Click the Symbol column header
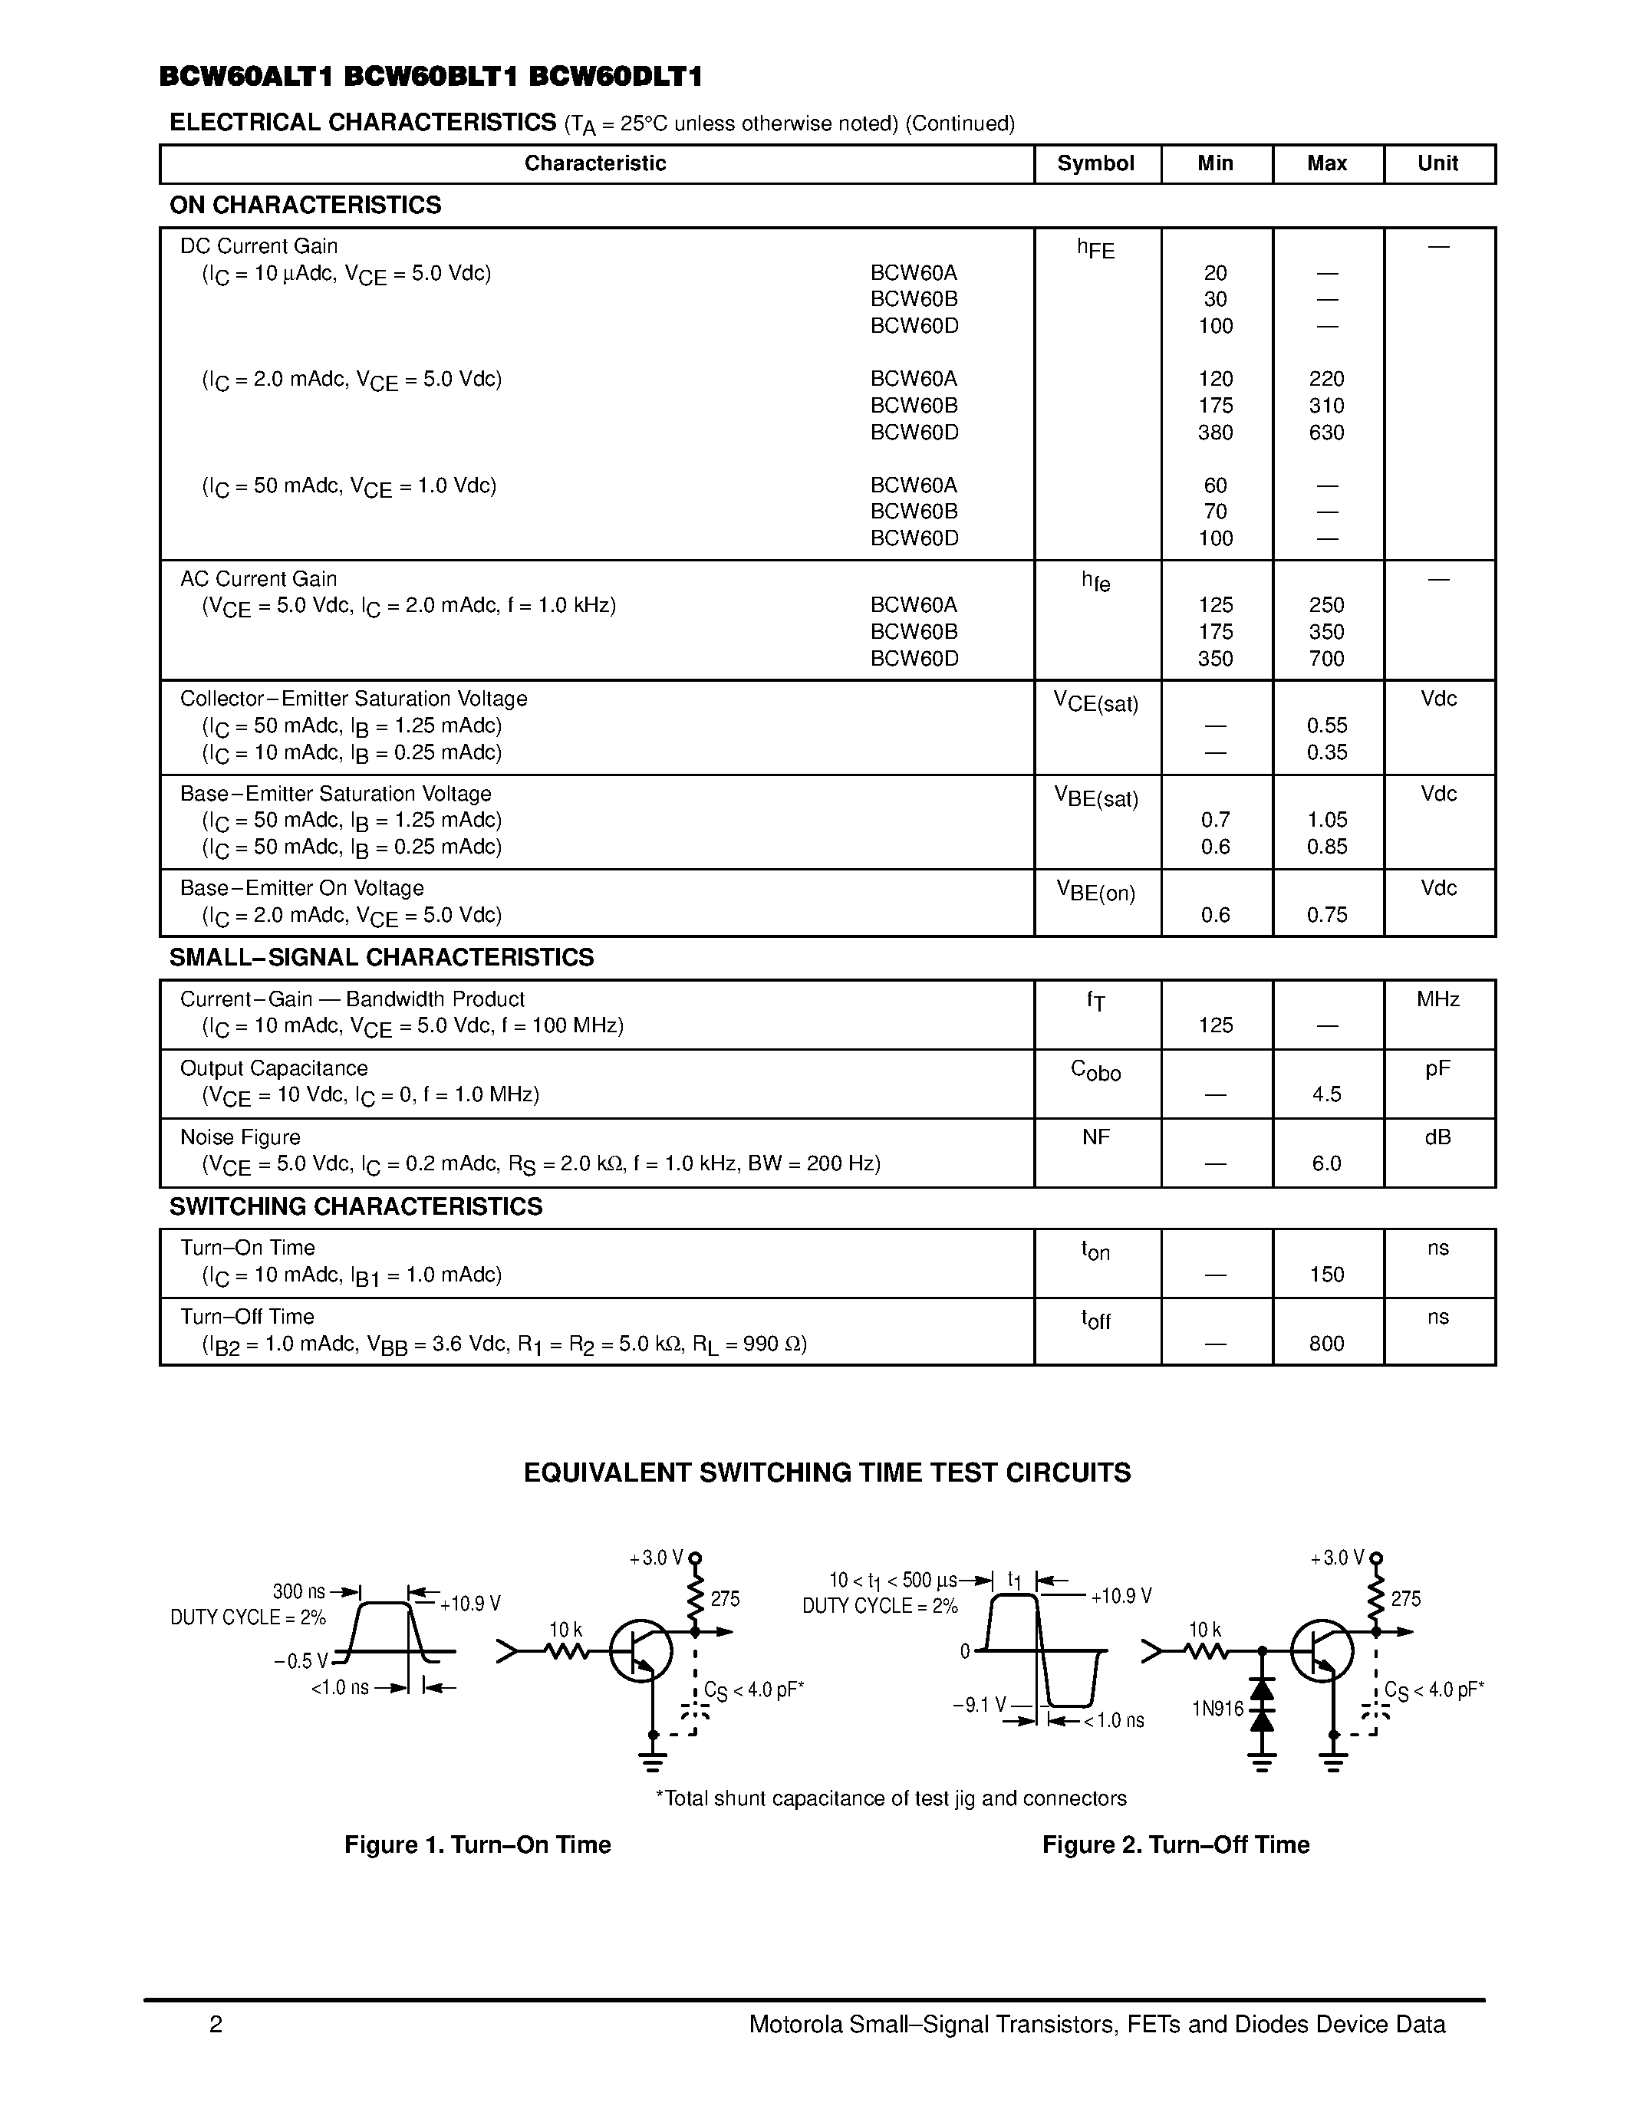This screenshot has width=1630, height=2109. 1095,163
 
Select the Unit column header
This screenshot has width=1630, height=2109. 1437,163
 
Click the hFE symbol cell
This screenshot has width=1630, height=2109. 1095,249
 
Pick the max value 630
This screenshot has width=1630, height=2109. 1325,433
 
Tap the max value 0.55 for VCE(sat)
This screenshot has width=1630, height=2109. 1325,725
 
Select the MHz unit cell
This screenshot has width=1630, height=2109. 1437,999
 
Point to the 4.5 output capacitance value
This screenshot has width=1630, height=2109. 1325,1094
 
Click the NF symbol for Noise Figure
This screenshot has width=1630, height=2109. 1095,1137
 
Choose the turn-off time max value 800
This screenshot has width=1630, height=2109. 1325,1343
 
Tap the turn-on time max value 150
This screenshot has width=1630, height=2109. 1325,1275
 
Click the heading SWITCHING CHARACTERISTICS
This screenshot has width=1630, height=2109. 355,1207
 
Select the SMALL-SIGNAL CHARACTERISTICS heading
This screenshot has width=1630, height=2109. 381,958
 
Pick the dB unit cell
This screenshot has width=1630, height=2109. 1437,1137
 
